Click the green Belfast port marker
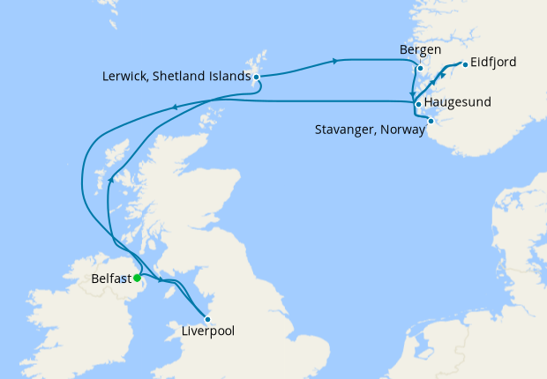137,278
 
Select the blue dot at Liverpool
207,319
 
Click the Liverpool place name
207,333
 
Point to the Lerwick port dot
256,78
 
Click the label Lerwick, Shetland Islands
176,78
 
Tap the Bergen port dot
420,68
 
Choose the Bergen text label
420,50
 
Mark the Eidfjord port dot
464,63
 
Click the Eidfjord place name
494,63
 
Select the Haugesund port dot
418,104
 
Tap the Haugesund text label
458,103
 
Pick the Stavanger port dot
431,121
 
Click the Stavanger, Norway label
370,130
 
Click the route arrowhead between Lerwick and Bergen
334,61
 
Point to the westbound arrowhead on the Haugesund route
174,108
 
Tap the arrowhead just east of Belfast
160,280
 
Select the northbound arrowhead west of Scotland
110,180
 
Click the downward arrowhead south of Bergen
411,95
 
